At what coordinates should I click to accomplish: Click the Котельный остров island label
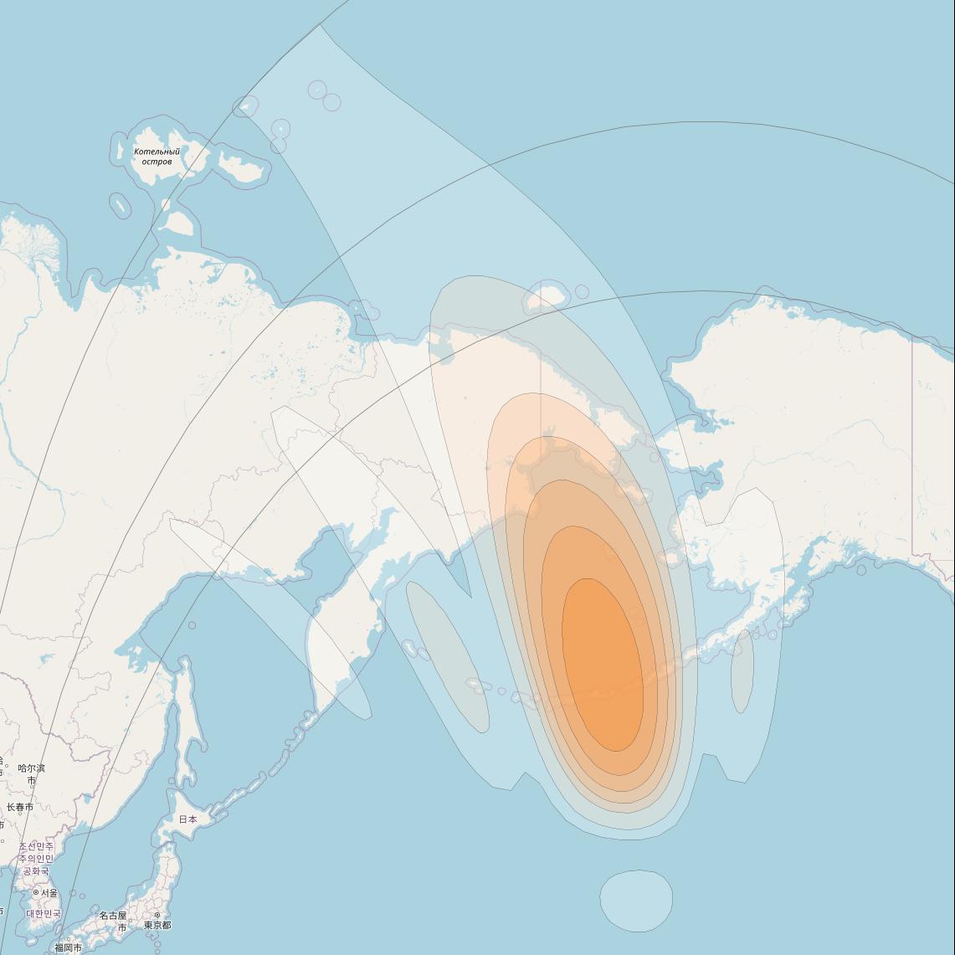[157, 157]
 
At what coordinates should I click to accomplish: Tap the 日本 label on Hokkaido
[188, 819]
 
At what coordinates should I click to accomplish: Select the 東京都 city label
[157, 925]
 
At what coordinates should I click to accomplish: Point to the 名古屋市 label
[113, 921]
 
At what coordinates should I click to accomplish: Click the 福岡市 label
[68, 947]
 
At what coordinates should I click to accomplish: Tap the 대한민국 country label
[44, 913]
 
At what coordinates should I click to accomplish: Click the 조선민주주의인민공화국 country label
[36, 859]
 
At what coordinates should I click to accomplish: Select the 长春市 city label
[20, 807]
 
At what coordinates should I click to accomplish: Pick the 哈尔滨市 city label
[32, 773]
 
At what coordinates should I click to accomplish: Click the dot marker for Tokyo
[157, 915]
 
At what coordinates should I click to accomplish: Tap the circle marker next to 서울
[36, 892]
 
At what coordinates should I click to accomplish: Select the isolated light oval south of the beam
[636, 901]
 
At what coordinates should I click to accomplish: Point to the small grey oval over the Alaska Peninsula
[742, 671]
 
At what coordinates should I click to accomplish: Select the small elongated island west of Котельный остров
[120, 205]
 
